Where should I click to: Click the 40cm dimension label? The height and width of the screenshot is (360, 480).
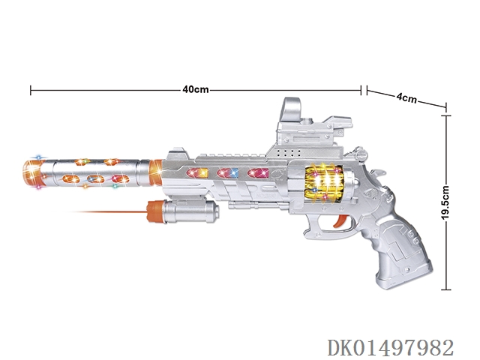point(195,90)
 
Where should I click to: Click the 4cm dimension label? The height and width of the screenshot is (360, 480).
point(406,98)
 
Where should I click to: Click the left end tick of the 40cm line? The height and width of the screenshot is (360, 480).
point(30,91)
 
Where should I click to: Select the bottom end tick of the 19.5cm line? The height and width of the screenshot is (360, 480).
point(448,289)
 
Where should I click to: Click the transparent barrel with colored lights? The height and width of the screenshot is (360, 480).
point(94,170)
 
